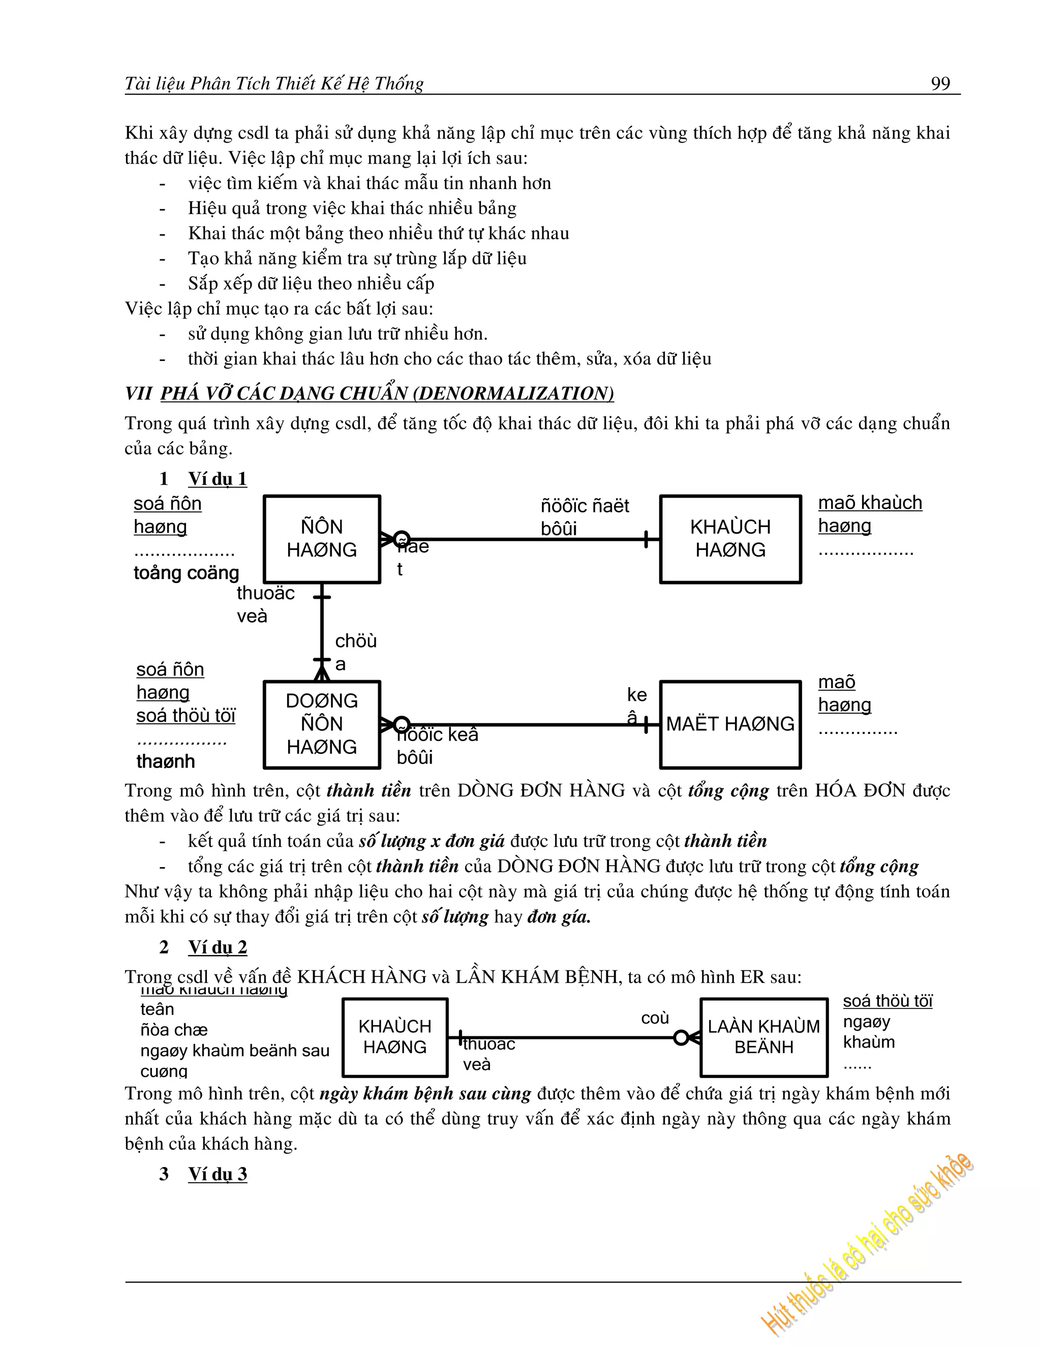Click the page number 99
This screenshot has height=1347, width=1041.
point(940,83)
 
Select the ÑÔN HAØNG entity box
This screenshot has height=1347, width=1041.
point(321,538)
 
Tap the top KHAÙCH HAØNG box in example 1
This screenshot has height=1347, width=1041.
point(730,538)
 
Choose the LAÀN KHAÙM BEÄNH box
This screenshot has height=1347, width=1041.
point(763,1037)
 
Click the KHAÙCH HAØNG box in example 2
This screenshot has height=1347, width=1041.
point(394,1037)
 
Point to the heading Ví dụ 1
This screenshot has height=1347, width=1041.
point(217,479)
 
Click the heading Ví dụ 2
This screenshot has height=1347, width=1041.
point(217,947)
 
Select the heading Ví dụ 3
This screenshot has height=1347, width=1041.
point(217,1174)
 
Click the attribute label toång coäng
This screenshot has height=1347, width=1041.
point(186,573)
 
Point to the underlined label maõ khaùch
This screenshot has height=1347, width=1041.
point(870,503)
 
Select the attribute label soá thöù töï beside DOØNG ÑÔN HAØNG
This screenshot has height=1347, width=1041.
point(186,716)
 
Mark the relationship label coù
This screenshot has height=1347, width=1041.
point(654,1018)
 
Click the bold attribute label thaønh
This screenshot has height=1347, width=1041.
point(165,762)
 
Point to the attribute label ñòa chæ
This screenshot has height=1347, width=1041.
point(173,1030)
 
